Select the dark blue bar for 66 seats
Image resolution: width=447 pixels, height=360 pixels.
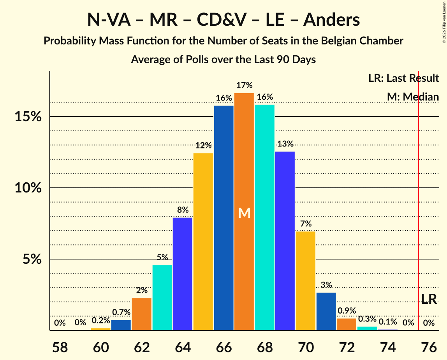coord(224,218)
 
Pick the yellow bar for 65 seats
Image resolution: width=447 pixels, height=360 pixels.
coord(203,242)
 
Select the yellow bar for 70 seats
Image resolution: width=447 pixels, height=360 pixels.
coord(306,281)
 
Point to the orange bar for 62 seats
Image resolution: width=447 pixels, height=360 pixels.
coord(142,314)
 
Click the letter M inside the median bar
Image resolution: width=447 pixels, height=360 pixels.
coord(244,213)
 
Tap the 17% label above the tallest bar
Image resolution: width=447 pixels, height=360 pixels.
coord(244,85)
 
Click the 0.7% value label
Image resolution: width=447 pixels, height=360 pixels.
coord(121,312)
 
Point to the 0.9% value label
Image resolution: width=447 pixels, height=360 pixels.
coord(347,311)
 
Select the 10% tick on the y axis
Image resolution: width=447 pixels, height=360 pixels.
coord(28,188)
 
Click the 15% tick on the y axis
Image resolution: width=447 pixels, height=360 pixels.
coord(28,116)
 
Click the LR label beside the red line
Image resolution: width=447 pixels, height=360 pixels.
coord(429,299)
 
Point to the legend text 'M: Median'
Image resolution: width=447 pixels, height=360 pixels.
coord(413,97)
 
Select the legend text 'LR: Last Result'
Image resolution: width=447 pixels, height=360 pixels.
coord(403,78)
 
